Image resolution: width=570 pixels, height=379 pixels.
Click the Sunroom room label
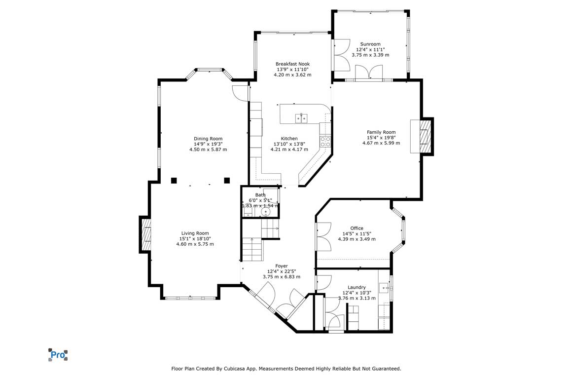click(370, 44)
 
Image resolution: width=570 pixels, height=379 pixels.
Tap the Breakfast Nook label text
click(292, 64)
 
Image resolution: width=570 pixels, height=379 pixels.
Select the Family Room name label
click(381, 132)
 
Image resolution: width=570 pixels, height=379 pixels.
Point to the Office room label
click(356, 228)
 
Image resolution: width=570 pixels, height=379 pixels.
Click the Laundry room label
click(356, 287)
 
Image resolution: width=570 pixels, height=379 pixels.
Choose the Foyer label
click(282, 266)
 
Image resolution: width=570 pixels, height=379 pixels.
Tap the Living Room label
click(195, 233)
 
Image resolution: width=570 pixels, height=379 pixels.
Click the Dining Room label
click(208, 139)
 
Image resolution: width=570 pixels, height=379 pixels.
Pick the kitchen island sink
click(301, 118)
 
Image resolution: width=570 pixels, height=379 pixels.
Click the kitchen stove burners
click(325, 141)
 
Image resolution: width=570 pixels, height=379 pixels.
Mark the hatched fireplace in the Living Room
click(146, 234)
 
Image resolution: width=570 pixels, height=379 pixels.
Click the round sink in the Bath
click(266, 212)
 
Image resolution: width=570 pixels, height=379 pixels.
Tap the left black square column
click(174, 180)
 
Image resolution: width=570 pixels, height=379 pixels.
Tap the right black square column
click(227, 180)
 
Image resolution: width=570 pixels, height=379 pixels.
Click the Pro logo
click(58, 355)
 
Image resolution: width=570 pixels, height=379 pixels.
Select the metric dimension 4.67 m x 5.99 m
click(381, 143)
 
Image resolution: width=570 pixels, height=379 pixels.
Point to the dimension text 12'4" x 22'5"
click(282, 271)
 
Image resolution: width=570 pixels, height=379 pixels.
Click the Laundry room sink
click(384, 288)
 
